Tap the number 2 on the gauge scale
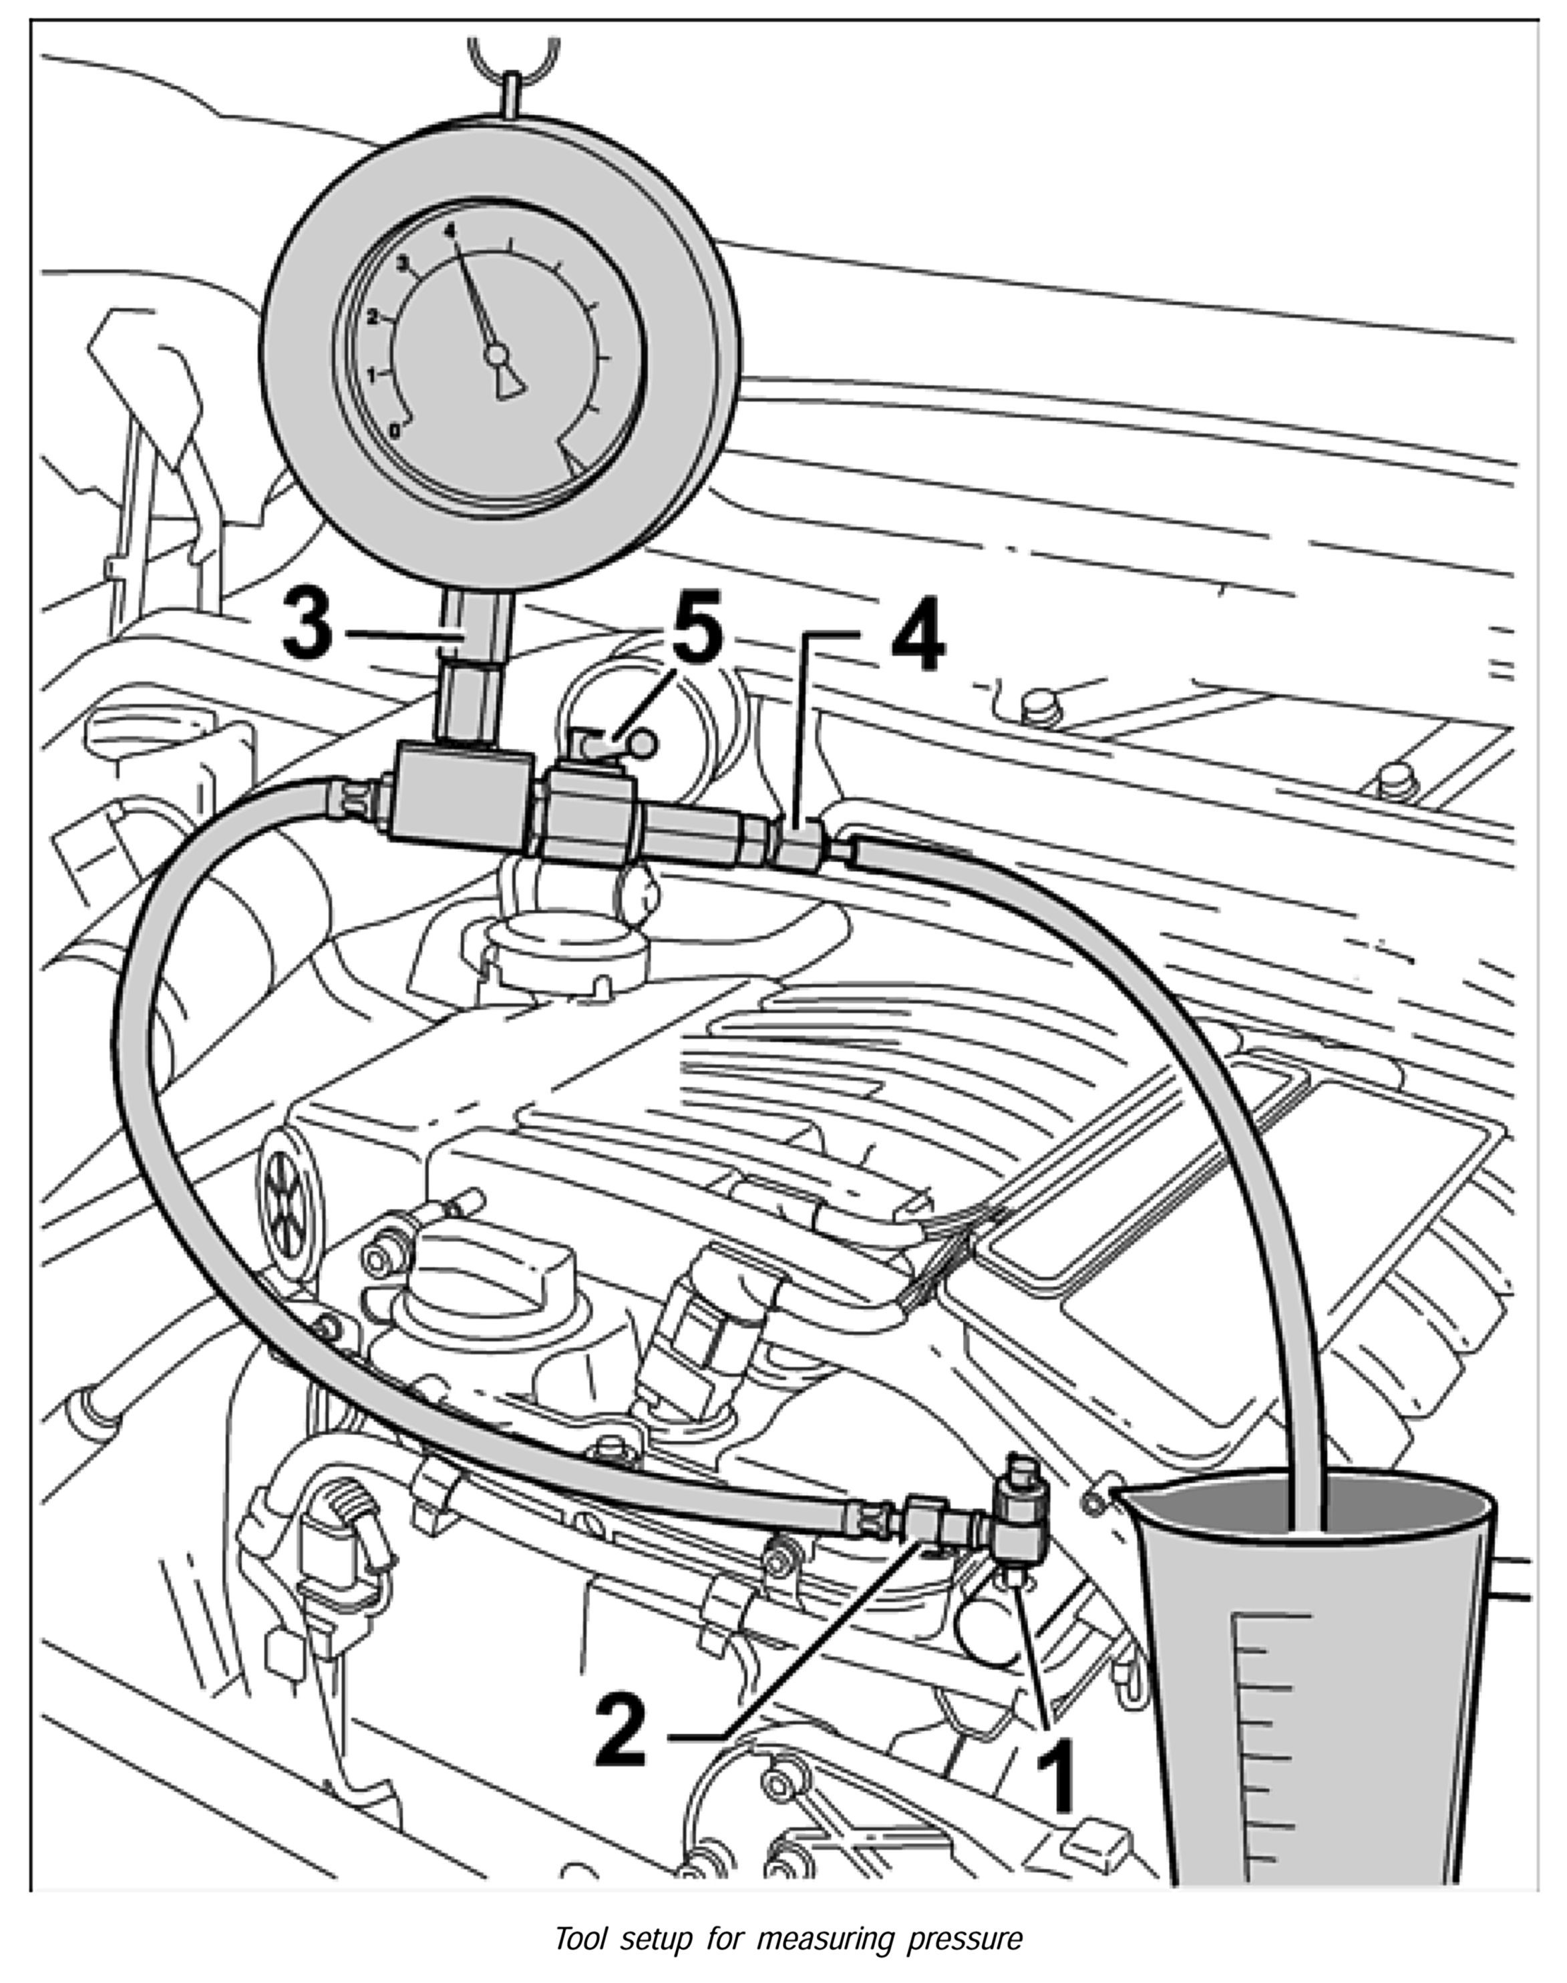pyautogui.click(x=373, y=316)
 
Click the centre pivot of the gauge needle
pyautogui.click(x=496, y=353)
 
